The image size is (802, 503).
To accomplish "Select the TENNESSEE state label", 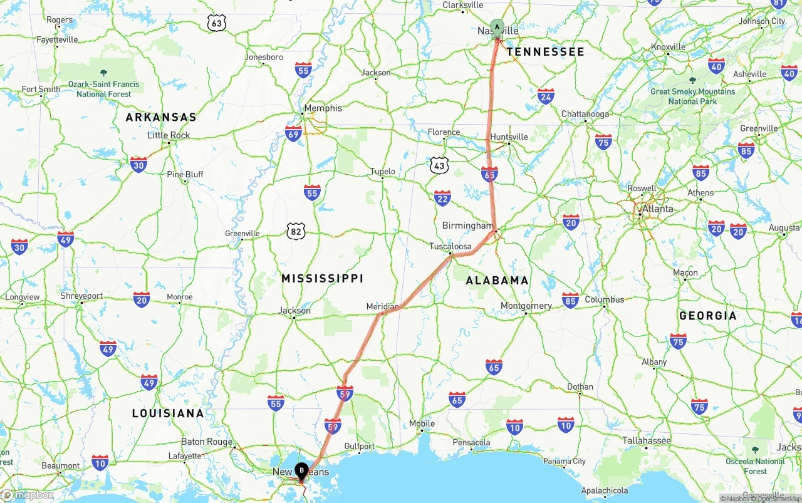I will coord(545,51).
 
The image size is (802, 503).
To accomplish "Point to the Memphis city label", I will coord(323,108).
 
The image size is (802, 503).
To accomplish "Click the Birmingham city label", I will coord(467,226).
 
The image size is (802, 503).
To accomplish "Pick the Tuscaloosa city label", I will coord(450,246).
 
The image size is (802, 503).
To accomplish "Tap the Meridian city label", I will coord(382,306).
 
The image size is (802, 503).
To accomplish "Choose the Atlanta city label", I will coord(658,209).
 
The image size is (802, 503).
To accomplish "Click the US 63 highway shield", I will coord(217,24).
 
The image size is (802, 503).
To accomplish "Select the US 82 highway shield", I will coord(296,232).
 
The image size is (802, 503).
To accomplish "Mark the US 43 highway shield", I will coord(440,165).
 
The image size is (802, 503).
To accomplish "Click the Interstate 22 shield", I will coord(442,198).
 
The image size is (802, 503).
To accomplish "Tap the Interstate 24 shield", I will coord(546,96).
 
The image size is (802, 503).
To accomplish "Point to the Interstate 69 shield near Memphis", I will coord(293,133).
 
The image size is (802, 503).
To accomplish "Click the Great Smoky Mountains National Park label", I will coord(692,96).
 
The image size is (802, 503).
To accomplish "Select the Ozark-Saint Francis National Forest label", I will coord(104,89).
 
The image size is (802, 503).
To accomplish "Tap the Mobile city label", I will coord(422,423).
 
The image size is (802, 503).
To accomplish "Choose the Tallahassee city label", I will coord(647,440).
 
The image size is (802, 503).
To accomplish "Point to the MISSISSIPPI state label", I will coord(322,278).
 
